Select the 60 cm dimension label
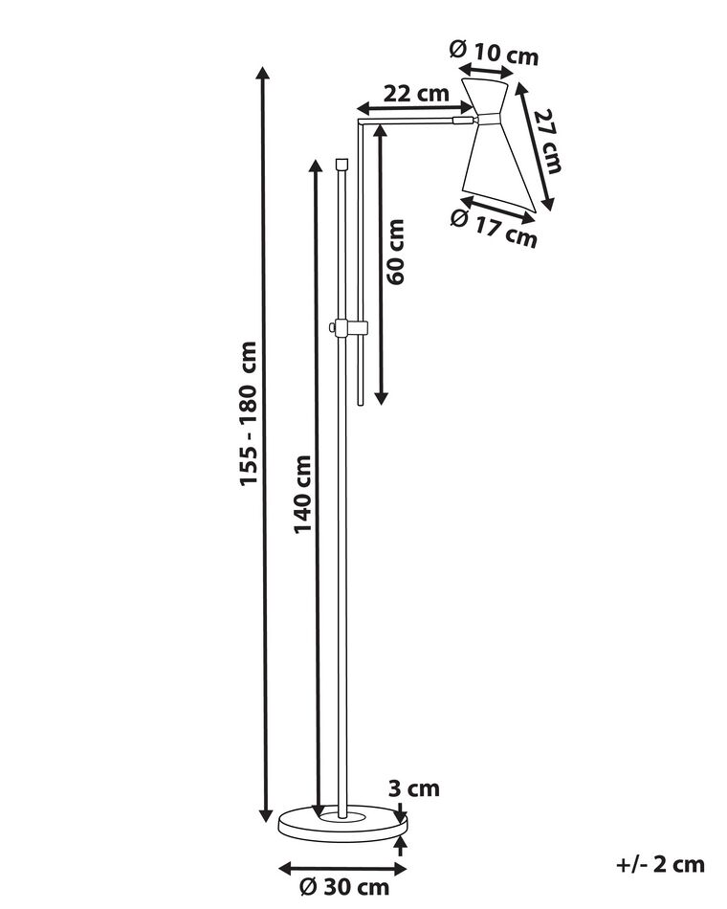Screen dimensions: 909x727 coord(397,252)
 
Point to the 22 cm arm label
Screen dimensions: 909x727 coord(416,94)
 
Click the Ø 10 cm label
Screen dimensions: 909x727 coord(494,55)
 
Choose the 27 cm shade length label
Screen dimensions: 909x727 coord(546,141)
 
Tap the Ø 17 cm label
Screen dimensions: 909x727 coord(493,228)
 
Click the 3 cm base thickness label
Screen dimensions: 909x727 coord(415,788)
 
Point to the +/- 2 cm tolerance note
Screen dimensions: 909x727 coord(660,865)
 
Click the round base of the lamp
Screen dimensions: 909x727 coord(341,824)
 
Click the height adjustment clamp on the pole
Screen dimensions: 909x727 coord(348,328)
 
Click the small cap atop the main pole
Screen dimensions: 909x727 coord(342,164)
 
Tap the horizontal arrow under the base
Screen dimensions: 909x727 coord(341,869)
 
